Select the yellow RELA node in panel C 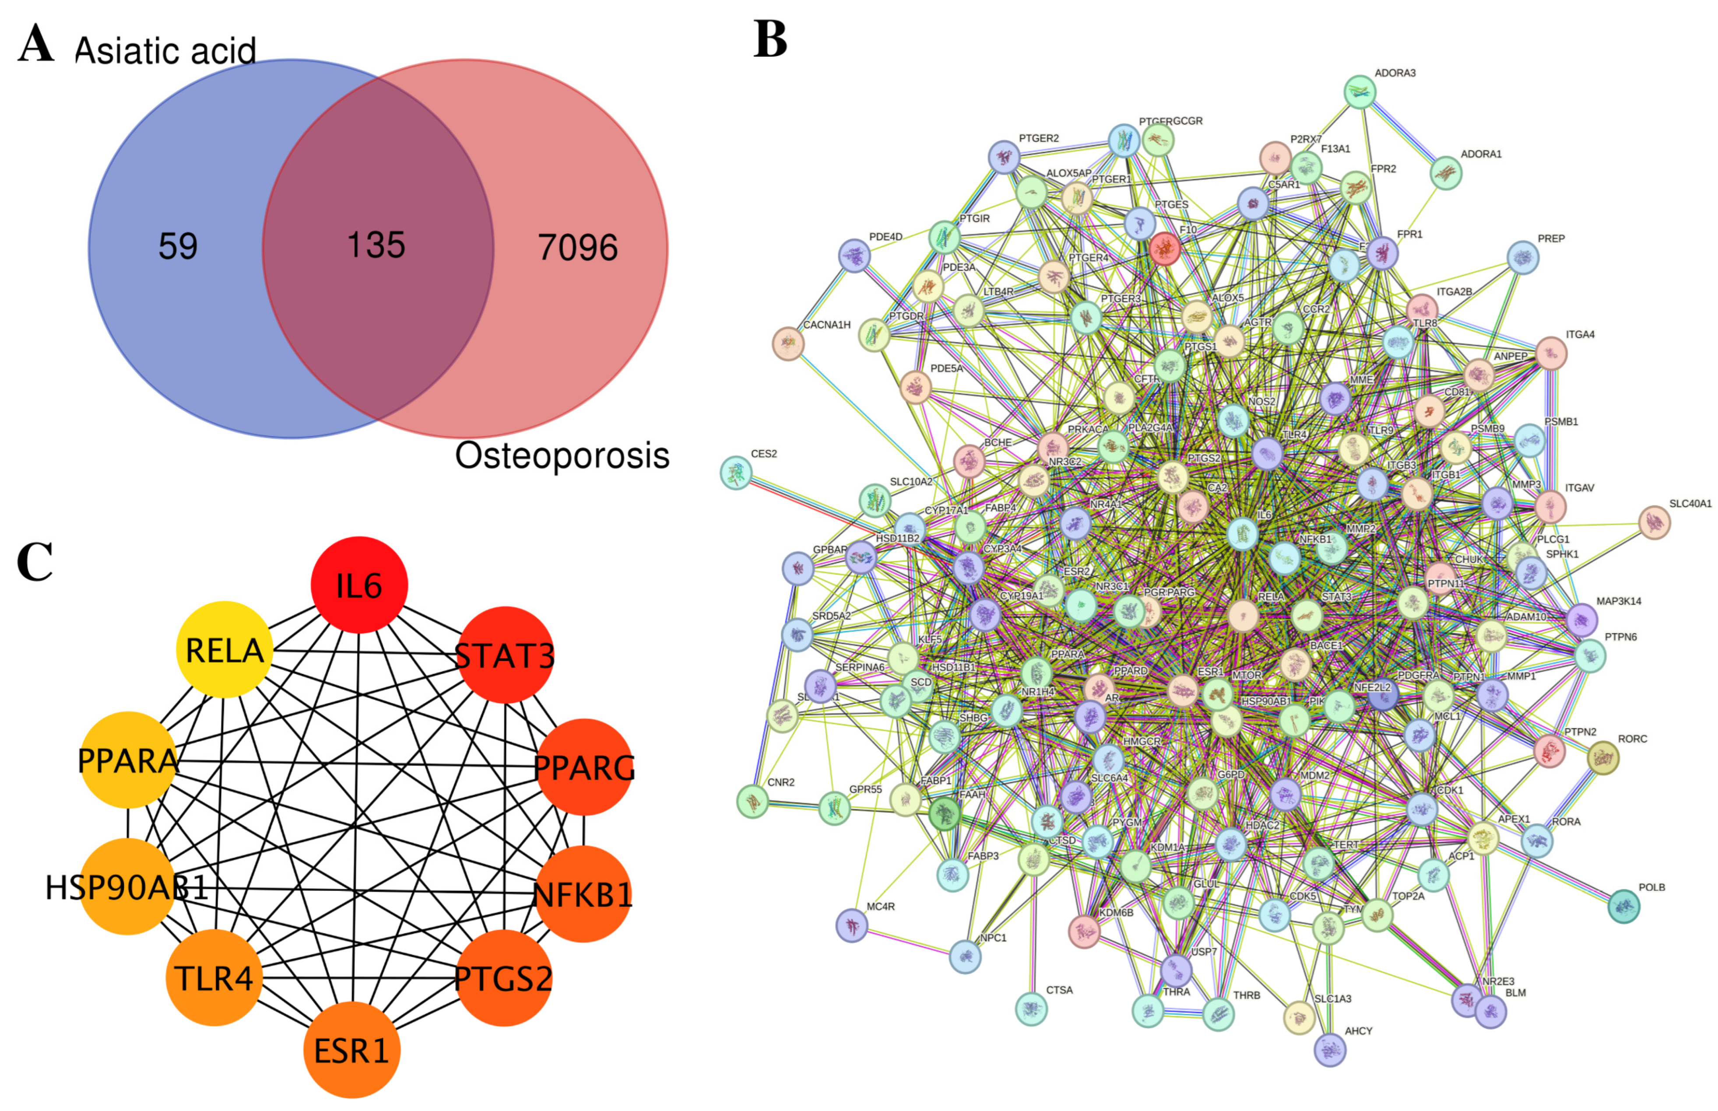225,650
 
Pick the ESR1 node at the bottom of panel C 351,1050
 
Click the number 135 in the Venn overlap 376,245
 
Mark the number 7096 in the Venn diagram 577,248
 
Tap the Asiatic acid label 165,50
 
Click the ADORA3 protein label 1395,73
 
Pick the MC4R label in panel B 880,907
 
